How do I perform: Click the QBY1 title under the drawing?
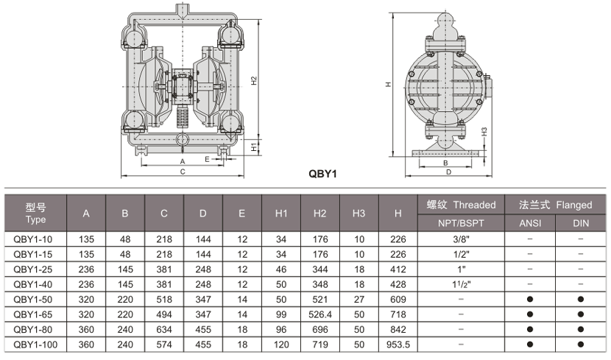click(x=321, y=175)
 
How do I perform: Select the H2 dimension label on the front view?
click(x=253, y=80)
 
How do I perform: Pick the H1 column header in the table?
click(x=280, y=213)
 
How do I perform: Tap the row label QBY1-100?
click(x=35, y=344)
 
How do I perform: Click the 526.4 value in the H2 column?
click(x=319, y=314)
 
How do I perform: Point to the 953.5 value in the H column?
click(x=398, y=344)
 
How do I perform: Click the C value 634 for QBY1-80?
click(x=163, y=328)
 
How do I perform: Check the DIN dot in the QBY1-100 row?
click(x=581, y=344)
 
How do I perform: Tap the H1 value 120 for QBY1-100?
click(x=280, y=344)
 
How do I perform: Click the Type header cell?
click(x=35, y=213)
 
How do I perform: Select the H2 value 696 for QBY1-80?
click(x=319, y=328)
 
